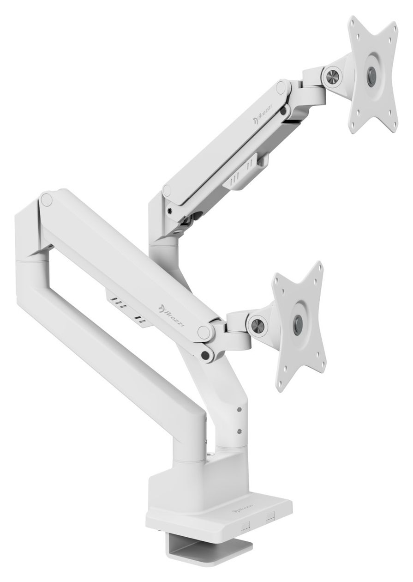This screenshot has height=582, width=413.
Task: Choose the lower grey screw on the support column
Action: (238, 431)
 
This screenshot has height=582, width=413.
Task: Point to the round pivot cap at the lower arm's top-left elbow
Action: (46, 200)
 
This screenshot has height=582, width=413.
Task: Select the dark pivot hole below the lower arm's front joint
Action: (205, 355)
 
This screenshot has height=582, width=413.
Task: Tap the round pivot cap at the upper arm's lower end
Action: (168, 189)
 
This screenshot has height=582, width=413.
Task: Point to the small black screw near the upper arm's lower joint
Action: (171, 209)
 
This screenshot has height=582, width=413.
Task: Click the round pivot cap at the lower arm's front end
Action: (202, 331)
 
